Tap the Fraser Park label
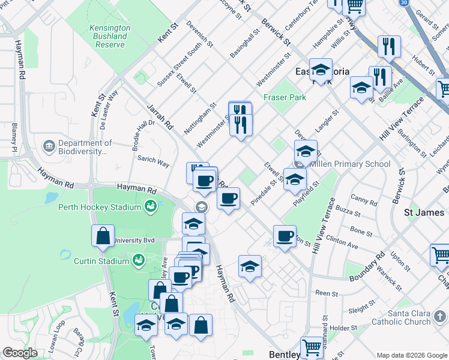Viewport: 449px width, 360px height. click(285, 97)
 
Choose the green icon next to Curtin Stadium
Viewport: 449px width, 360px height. click(139, 261)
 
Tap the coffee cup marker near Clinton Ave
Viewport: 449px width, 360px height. click(285, 235)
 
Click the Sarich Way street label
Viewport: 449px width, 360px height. click(153, 161)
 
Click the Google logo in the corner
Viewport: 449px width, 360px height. click(20, 353)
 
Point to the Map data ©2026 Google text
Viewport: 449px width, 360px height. click(411, 355)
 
